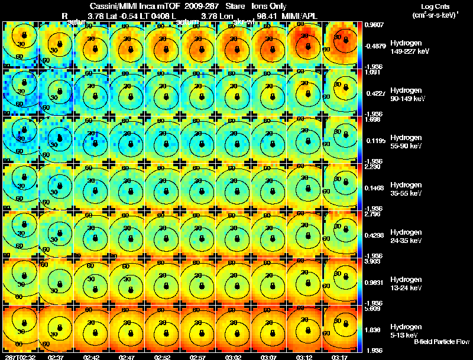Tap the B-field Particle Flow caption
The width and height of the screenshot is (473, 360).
[442, 342]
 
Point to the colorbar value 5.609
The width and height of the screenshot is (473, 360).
[372, 309]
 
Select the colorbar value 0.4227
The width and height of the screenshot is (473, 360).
[372, 93]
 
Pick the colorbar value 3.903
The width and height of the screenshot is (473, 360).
[372, 261]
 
